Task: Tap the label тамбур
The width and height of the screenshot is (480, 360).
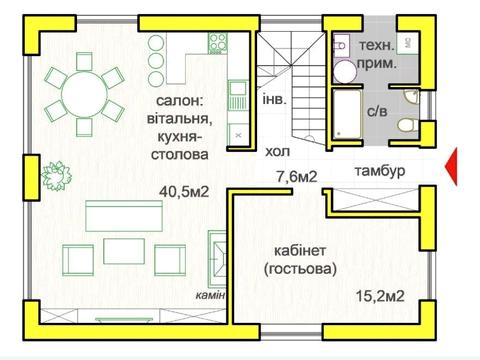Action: coord(378,171)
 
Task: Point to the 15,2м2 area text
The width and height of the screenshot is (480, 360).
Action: coord(380,296)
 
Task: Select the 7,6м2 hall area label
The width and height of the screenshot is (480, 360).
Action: coord(296,177)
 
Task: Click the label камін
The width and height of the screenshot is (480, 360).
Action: coord(210,295)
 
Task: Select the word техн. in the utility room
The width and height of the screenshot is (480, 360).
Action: coord(376,46)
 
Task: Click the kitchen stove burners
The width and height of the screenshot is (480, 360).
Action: coord(217,42)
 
